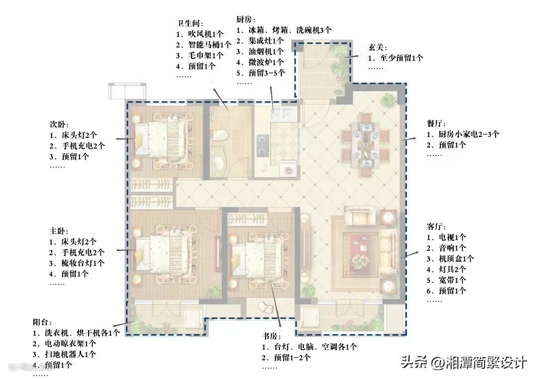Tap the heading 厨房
246,19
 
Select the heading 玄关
378,47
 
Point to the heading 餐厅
436,124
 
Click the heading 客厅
436,227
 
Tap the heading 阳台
42,322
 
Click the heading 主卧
59,231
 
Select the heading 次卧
59,125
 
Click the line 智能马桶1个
204,45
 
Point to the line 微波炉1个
260,62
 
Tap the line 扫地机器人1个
64,354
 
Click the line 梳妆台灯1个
77,263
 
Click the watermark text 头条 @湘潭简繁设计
464,363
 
